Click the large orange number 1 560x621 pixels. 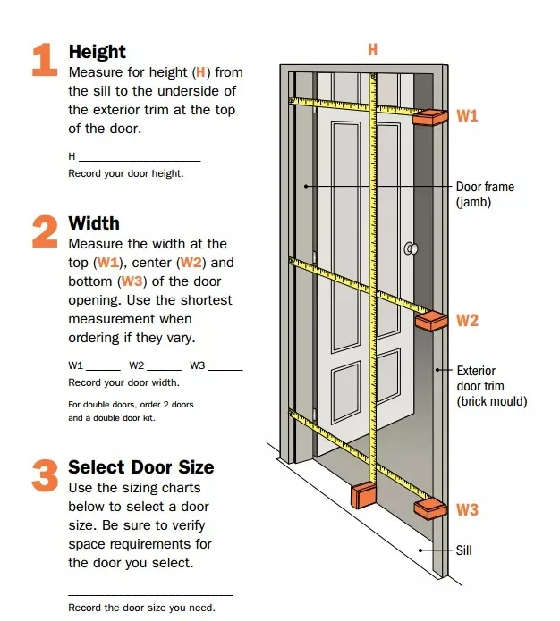(45, 62)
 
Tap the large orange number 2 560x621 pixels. (45, 231)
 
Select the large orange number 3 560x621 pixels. (45, 475)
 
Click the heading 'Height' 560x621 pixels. (97, 52)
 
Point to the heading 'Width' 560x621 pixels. (93, 222)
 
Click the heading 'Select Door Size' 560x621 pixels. (140, 466)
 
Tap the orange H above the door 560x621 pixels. (372, 50)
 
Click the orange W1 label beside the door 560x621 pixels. (467, 116)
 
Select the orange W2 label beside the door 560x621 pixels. (467, 320)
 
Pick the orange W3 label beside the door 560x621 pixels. (467, 510)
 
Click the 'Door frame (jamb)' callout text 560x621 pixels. (485, 195)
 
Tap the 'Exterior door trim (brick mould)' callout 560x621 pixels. (491, 386)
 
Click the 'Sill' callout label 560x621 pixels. (463, 550)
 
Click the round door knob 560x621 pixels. (411, 248)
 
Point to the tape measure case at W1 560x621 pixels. (430, 118)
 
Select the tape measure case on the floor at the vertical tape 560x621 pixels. (364, 494)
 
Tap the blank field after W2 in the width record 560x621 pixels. (164, 367)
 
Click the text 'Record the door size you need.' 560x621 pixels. (141, 608)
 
